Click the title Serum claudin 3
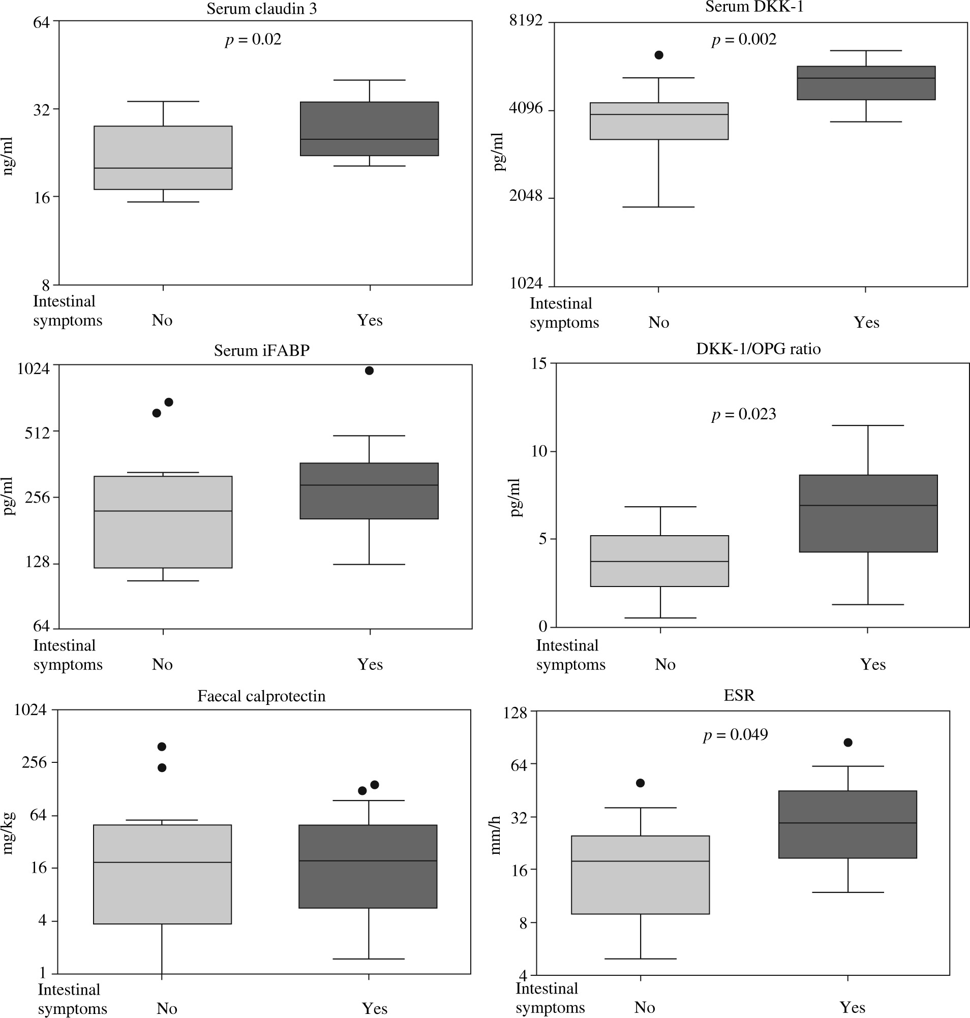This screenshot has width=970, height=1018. click(x=262, y=9)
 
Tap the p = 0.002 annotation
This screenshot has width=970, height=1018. click(x=744, y=39)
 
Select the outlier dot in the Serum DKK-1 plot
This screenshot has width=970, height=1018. click(x=659, y=55)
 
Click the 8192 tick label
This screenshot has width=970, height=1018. click(x=526, y=20)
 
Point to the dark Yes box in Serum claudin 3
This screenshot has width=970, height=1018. click(x=369, y=129)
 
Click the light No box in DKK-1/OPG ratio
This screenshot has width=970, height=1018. click(x=659, y=561)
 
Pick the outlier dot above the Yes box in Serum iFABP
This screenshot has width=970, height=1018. click(x=369, y=370)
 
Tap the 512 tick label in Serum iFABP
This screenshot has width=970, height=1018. click(x=37, y=432)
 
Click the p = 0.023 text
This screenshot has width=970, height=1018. click(x=744, y=414)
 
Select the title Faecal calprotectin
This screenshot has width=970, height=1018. click(x=262, y=696)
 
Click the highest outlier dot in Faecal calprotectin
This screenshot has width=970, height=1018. click(x=162, y=747)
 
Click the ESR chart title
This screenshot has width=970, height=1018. click(x=739, y=695)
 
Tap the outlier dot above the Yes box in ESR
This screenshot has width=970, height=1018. click(x=848, y=743)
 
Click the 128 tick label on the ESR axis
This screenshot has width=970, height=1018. click(x=515, y=713)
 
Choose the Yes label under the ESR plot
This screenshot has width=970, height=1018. click(x=852, y=1007)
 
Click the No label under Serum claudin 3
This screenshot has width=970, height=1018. click(x=162, y=320)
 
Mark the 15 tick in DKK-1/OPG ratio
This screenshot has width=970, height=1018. click(x=539, y=363)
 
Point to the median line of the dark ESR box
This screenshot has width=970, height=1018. click(x=847, y=822)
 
